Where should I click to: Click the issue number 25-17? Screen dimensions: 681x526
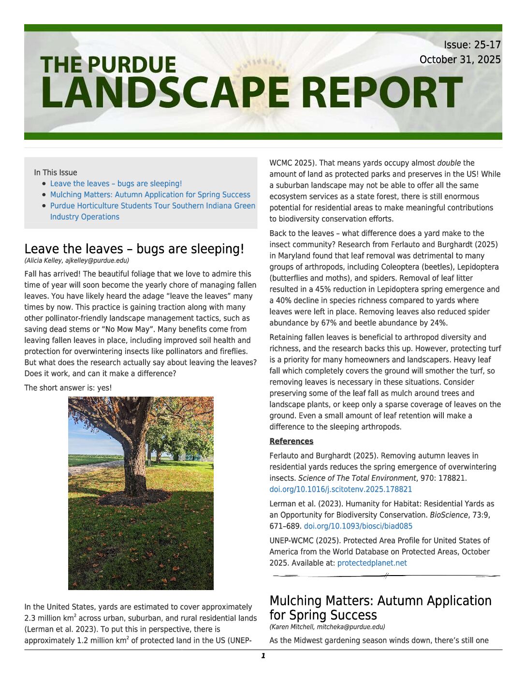click(487, 45)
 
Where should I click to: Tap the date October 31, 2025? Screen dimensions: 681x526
click(460, 59)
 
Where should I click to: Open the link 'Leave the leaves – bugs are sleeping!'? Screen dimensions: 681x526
click(116, 184)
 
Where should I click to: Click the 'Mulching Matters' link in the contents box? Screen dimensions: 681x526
click(150, 195)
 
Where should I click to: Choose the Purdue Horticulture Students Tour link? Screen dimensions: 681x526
click(152, 206)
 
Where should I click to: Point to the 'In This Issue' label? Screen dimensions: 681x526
click(56, 173)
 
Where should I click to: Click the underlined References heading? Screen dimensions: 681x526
click(291, 442)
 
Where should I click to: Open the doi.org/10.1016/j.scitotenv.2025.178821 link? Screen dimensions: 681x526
click(340, 489)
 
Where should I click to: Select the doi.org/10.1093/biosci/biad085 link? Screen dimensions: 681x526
click(358, 526)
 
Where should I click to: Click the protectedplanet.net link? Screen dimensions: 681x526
click(372, 563)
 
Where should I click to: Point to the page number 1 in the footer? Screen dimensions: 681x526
click(263, 656)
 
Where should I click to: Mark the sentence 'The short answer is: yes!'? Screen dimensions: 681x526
click(68, 388)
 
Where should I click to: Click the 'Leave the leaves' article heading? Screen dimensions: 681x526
click(134, 249)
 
